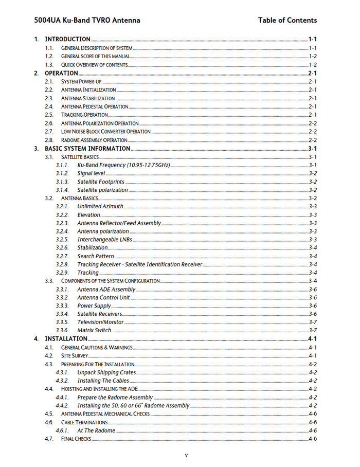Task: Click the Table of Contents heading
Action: coord(287,20)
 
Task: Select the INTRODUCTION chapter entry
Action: coord(67,39)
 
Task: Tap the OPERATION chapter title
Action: coord(61,73)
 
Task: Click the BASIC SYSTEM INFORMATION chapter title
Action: coord(87,149)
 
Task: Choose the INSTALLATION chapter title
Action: coord(66,339)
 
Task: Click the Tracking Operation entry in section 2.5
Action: coord(84,115)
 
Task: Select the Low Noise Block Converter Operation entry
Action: coord(105,132)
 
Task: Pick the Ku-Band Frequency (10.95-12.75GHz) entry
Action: coord(123,165)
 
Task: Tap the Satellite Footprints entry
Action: coord(101,182)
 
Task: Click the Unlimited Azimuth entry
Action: coord(100,207)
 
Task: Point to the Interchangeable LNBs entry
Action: coord(104,240)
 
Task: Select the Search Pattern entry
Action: coord(96,256)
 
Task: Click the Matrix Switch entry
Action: coord(94,330)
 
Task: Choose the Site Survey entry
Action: coord(75,356)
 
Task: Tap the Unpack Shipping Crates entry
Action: coord(106,372)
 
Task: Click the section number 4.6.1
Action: coord(62,430)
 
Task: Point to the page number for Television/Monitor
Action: coord(313,322)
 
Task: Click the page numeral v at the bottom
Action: coord(186,455)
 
